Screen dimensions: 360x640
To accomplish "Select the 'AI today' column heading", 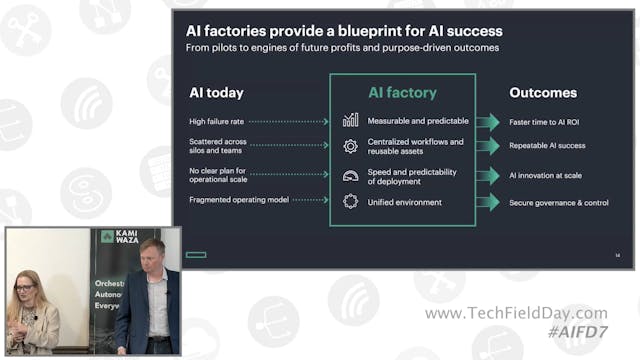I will point(216,93).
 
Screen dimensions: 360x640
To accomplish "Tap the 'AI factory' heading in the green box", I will point(402,93).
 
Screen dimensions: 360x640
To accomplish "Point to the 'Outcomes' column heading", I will point(543,93).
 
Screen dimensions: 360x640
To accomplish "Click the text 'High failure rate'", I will point(217,121).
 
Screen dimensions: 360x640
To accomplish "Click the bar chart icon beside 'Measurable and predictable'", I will point(350,121).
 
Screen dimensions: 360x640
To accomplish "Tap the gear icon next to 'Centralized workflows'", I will point(350,147).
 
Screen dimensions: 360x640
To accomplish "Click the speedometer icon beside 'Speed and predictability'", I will point(350,175).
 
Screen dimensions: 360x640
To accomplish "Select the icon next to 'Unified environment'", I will point(350,201).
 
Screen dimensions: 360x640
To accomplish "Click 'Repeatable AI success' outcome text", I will point(548,146).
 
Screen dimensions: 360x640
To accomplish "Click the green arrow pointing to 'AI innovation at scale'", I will point(487,175).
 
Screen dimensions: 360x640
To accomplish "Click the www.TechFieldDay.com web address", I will point(515,313).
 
